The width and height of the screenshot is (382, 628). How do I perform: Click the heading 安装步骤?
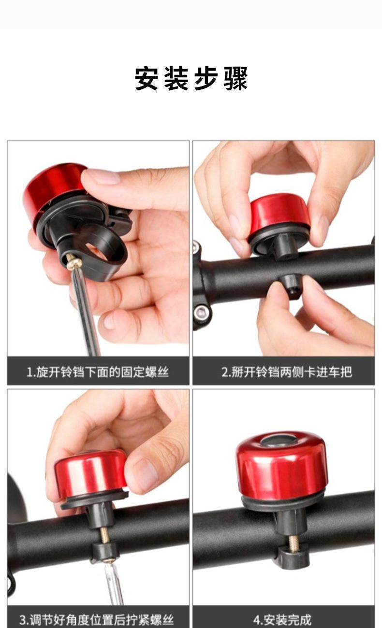pos(191,78)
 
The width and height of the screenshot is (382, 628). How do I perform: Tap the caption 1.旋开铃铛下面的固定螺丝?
pos(97,372)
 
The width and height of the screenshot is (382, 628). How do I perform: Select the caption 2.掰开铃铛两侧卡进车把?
pos(287,372)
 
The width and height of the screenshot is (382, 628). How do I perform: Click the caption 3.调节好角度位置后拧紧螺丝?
pos(97,620)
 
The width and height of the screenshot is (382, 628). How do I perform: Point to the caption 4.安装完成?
pos(282,620)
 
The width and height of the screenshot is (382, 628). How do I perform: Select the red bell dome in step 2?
pos(279,212)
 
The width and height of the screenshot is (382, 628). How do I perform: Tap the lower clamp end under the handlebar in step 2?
pos(291,286)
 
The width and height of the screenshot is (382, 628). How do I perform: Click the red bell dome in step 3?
pos(90,474)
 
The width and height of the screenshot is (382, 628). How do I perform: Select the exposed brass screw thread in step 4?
pos(294,543)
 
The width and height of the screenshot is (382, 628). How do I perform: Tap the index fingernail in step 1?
pos(102,177)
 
